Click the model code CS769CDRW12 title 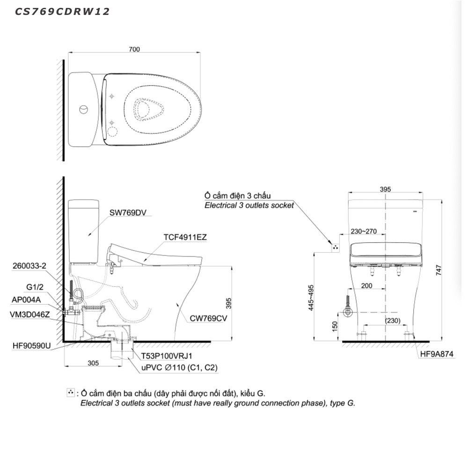click(x=62, y=12)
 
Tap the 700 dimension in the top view click(x=134, y=49)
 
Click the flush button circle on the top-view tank click(x=83, y=110)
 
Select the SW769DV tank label click(x=128, y=213)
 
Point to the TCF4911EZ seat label click(x=185, y=237)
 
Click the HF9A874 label click(x=437, y=354)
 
